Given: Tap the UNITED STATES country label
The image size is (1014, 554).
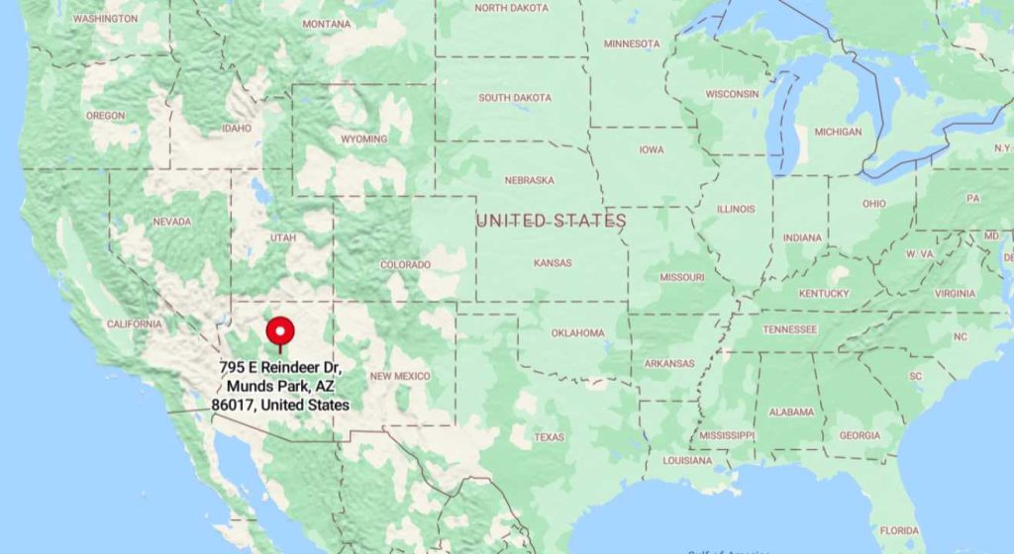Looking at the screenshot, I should [551, 220].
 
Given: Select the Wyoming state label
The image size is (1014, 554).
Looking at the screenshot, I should [363, 139].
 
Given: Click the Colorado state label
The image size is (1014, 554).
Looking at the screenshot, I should [405, 265].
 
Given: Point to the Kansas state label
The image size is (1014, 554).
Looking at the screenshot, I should [553, 264].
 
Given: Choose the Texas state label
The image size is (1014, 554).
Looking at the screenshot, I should [549, 437].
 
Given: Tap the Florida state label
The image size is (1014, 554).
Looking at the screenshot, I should [900, 530].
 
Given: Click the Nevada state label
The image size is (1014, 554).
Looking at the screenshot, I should [171, 222].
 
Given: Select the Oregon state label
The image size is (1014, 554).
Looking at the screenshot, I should [106, 116].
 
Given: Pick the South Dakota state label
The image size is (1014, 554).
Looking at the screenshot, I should [514, 98].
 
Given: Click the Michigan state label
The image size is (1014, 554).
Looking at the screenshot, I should [838, 132].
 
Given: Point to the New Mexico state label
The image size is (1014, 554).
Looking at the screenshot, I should [399, 376].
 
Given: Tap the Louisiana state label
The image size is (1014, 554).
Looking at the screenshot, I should [687, 461].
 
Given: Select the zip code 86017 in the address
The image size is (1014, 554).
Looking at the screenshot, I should [232, 405].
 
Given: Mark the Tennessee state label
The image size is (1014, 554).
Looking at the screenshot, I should [789, 329].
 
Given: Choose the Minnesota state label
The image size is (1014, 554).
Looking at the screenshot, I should [632, 44].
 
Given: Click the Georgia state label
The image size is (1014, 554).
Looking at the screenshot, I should [859, 436].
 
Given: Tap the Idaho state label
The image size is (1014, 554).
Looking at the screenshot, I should [237, 129].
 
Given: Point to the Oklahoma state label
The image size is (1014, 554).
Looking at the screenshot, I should [576, 333].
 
